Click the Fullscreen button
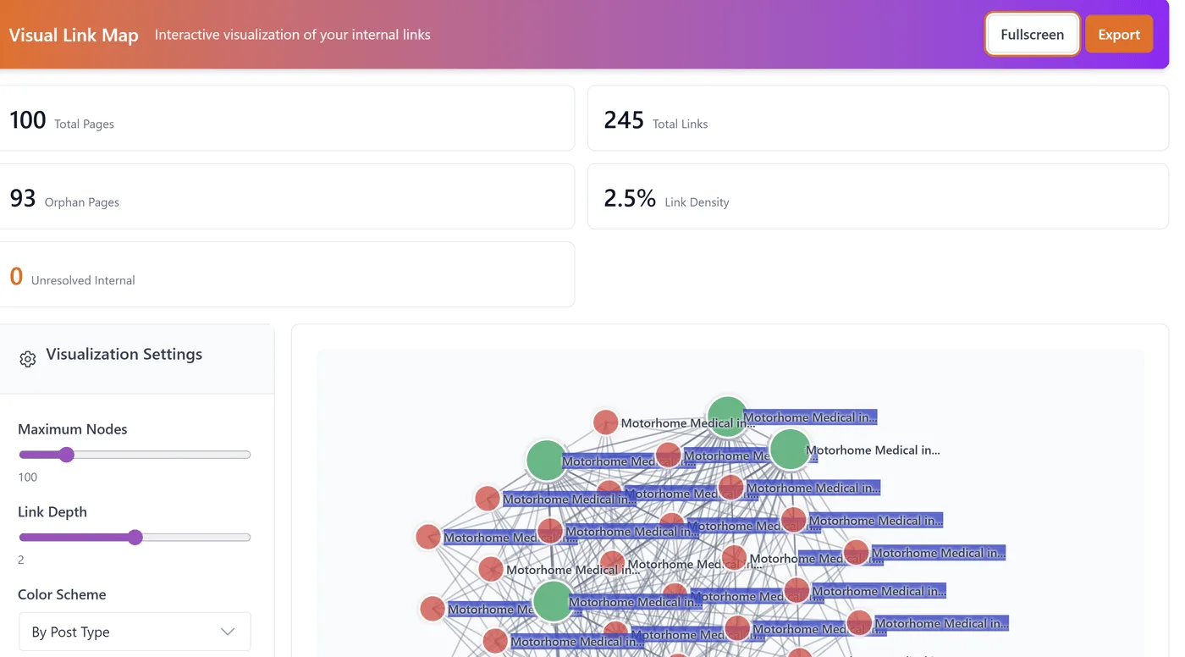coord(1032,35)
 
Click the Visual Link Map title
coord(74,36)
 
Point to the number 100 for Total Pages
coord(28,120)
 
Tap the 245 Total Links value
coord(624,120)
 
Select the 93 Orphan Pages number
coord(23,198)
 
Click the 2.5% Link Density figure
coord(630,198)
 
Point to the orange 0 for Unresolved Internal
coord(16,276)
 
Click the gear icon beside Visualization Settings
coord(28,359)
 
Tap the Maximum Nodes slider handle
coord(67,455)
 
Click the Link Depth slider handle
coord(135,538)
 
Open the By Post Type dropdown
coord(135,632)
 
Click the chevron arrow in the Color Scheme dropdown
coord(228,632)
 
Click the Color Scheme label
coord(62,594)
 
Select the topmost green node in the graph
coord(726,416)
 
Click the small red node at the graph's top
coord(605,422)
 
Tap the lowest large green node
coord(553,601)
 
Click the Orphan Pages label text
coord(82,202)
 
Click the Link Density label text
coord(697,202)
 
